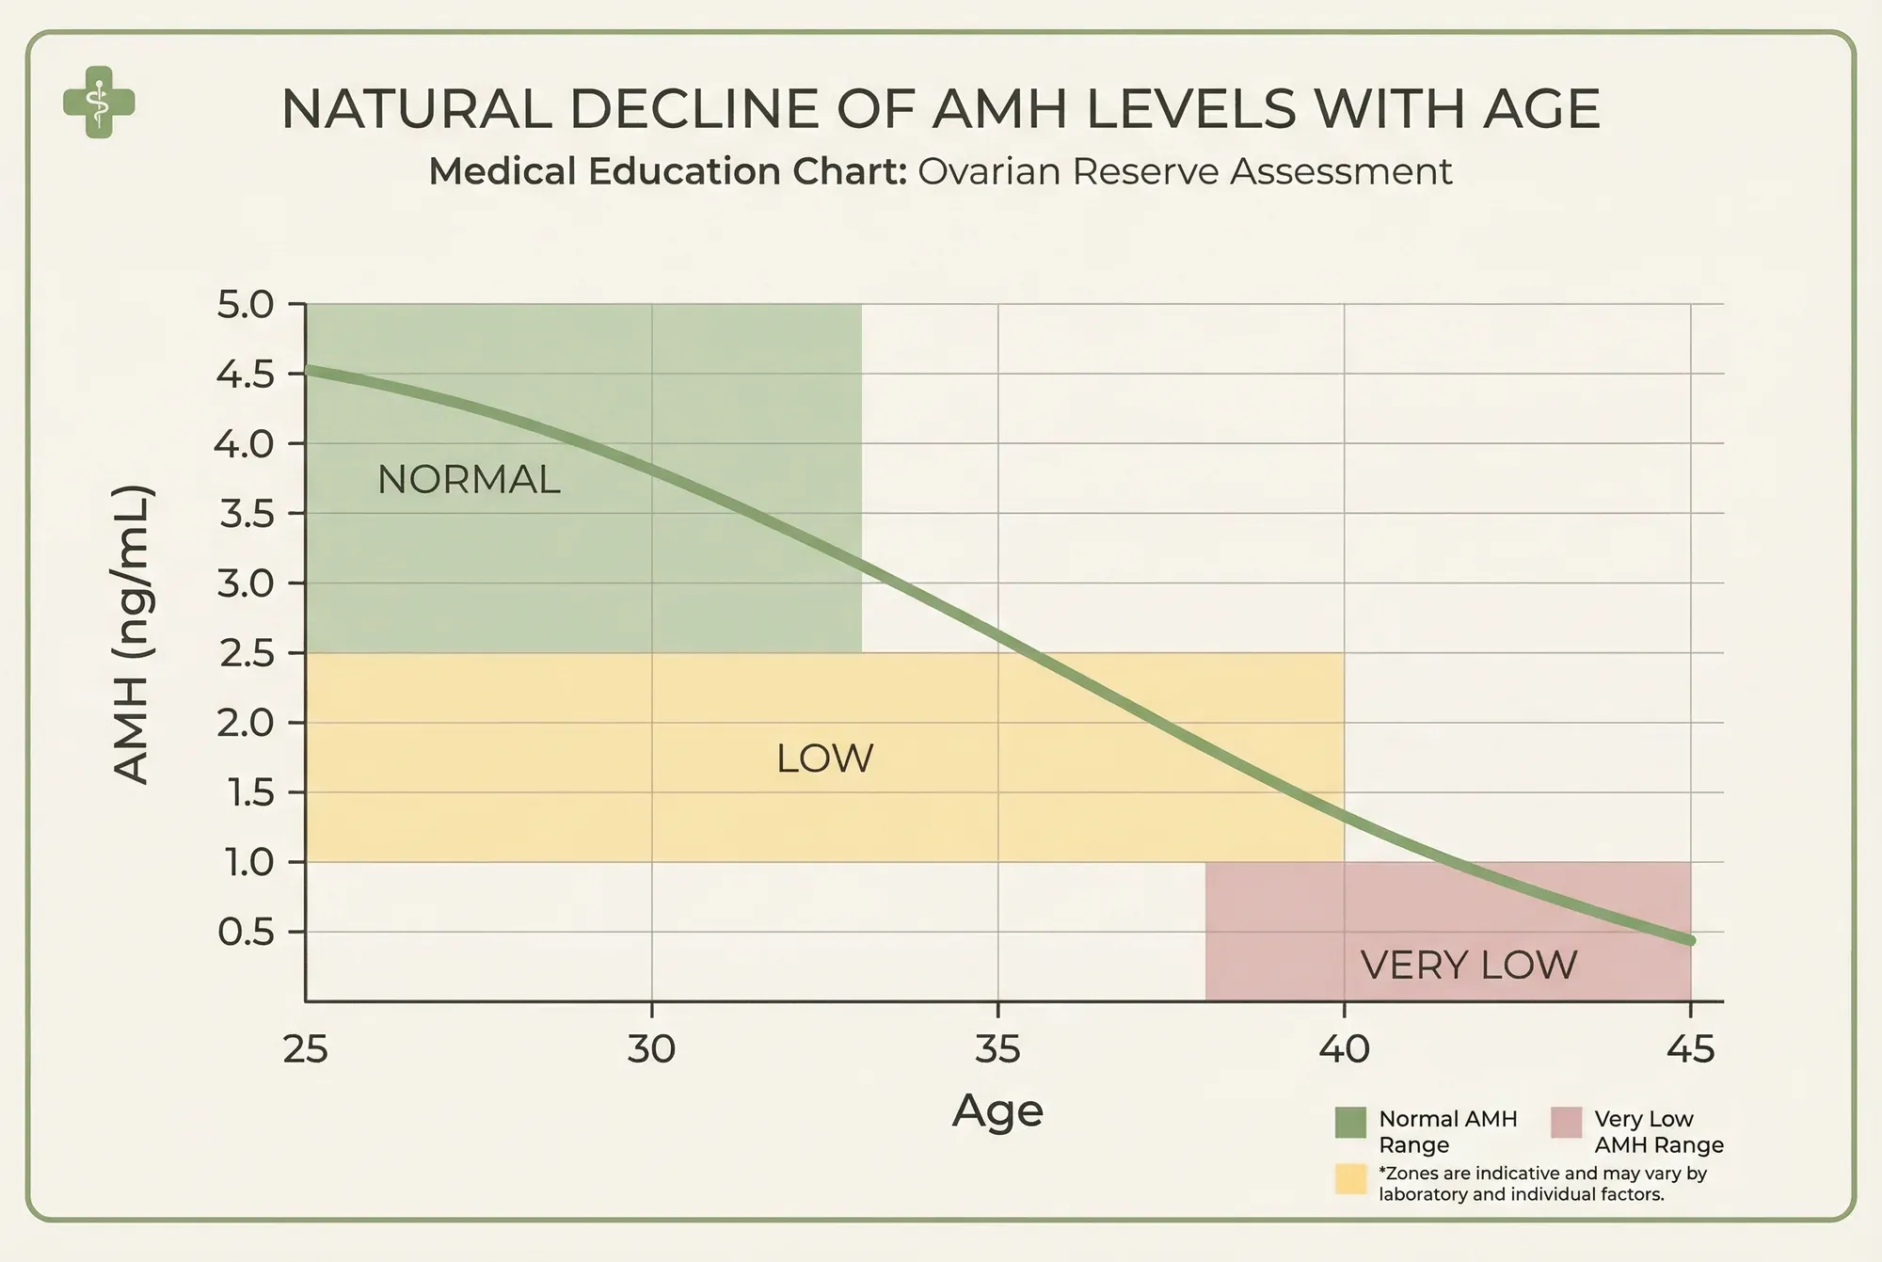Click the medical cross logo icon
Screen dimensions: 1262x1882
pyautogui.click(x=99, y=103)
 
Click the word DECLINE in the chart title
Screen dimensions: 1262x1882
pyautogui.click(x=694, y=109)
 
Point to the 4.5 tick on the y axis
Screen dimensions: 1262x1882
pyautogui.click(x=245, y=375)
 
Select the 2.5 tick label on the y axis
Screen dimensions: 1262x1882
pyautogui.click(x=246, y=654)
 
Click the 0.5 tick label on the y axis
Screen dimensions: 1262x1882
pyautogui.click(x=246, y=933)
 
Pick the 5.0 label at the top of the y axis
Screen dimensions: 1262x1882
pyautogui.click(x=245, y=306)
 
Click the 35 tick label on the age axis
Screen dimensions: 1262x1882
pyautogui.click(x=997, y=1048)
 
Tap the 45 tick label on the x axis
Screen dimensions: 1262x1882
pyautogui.click(x=1690, y=1048)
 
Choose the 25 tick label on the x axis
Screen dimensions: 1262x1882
pyautogui.click(x=306, y=1048)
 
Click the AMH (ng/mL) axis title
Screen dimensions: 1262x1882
pyautogui.click(x=132, y=634)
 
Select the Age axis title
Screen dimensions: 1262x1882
pyautogui.click(x=997, y=1111)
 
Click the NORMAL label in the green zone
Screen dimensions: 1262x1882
pyautogui.click(x=469, y=480)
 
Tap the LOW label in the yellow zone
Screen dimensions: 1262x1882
pyautogui.click(x=825, y=759)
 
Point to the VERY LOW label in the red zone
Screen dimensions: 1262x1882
pyautogui.click(x=1469, y=966)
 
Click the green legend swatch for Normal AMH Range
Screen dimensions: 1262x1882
pyautogui.click(x=1350, y=1123)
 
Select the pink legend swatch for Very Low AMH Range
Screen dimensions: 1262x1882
pyautogui.click(x=1566, y=1123)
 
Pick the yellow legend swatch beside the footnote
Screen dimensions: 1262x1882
pyautogui.click(x=1350, y=1179)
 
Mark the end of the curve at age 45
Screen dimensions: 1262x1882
pyautogui.click(x=1690, y=940)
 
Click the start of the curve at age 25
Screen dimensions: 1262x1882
pyautogui.click(x=308, y=370)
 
